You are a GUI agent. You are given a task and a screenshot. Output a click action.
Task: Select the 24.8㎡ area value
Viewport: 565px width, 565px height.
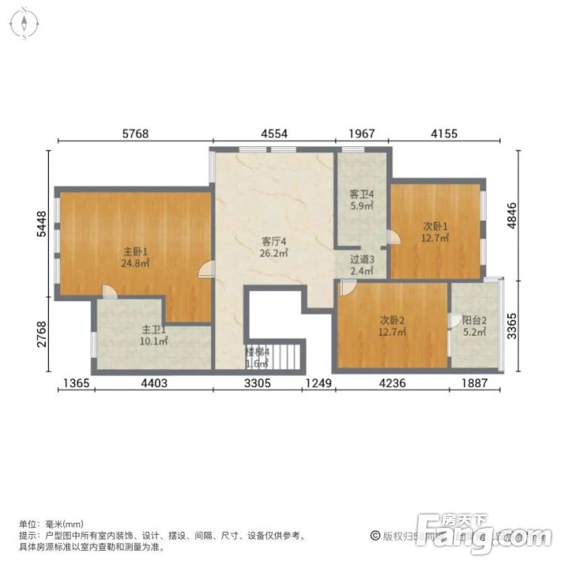(135, 264)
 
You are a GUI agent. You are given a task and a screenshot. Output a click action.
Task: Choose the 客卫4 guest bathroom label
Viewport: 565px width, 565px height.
(362, 194)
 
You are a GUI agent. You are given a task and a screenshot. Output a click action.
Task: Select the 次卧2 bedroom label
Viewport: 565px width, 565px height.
(392, 319)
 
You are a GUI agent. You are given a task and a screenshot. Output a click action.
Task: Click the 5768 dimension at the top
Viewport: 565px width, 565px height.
(136, 134)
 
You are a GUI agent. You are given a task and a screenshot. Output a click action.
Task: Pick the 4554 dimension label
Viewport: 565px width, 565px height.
(274, 134)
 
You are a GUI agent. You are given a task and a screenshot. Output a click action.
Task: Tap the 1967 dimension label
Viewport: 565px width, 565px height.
(362, 134)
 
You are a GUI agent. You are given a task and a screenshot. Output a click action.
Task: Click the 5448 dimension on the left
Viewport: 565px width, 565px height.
(43, 224)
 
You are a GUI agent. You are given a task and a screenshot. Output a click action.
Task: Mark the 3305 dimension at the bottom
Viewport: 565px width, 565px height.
(258, 383)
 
